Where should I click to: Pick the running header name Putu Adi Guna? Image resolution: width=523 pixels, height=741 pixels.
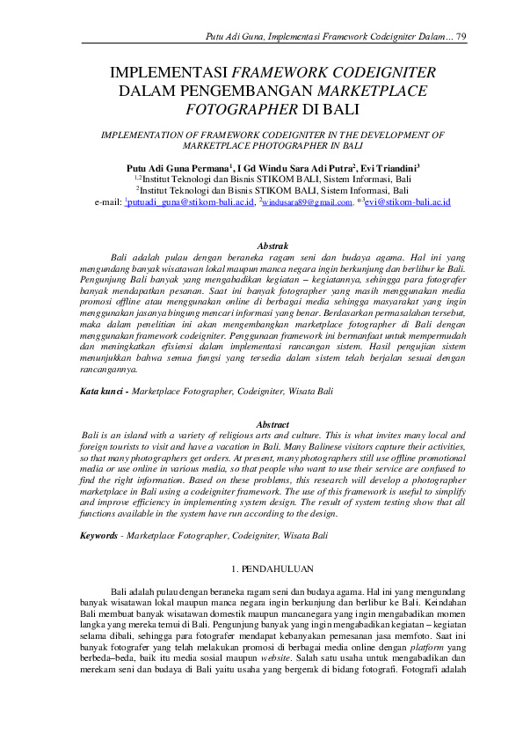pos(229,34)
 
